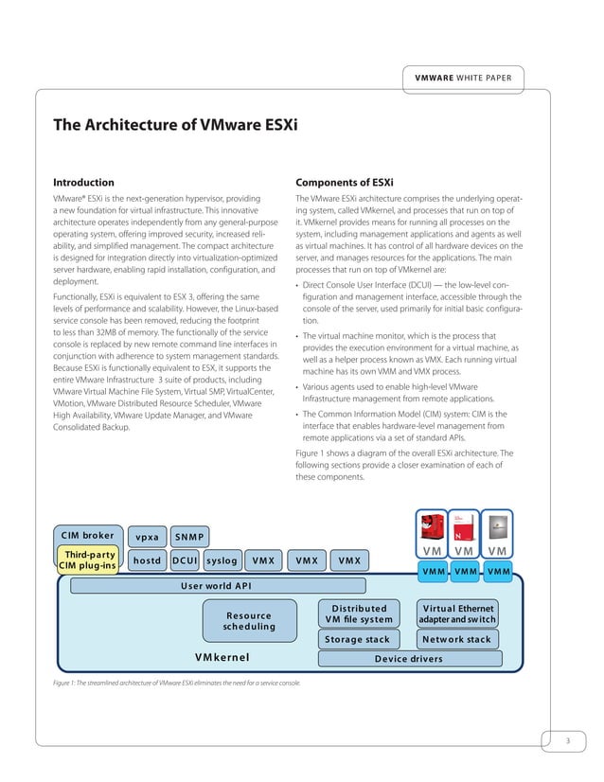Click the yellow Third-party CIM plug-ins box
tap(88, 560)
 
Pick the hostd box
tap(147, 560)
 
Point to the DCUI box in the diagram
tap(184, 560)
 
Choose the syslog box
tap(221, 560)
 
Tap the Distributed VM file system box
tap(358, 613)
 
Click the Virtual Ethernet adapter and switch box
tap(456, 613)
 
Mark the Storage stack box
tap(358, 639)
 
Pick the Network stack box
tap(456, 639)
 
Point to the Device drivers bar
tap(408, 659)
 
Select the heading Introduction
tap(83, 182)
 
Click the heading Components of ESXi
tap(345, 182)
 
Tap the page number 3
tap(566, 740)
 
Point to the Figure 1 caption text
tap(176, 683)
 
